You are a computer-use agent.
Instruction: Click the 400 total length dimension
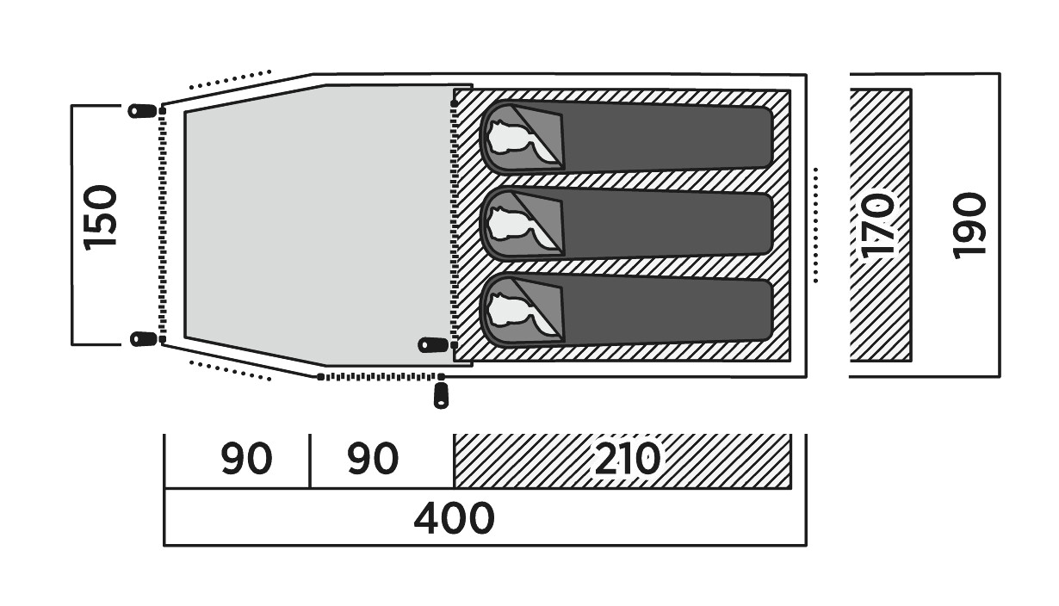454,518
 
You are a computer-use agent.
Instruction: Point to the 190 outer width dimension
969,225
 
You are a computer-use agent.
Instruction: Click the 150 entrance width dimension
101,218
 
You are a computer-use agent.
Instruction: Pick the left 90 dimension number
246,460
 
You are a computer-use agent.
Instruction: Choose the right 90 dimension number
373,460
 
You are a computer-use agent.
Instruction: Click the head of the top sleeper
509,137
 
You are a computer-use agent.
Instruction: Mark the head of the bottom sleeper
509,308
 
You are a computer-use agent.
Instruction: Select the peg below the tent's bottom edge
442,396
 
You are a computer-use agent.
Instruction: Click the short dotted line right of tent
814,224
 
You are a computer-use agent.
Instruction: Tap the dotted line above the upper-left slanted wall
230,79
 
